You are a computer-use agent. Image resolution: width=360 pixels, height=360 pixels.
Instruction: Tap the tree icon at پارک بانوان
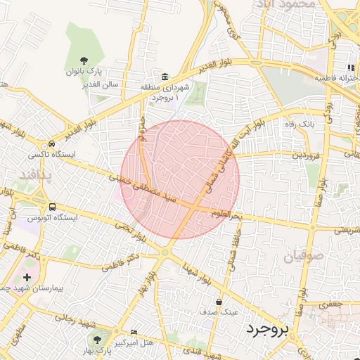[84, 60]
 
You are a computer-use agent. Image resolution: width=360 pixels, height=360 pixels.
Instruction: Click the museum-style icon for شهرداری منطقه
[165, 77]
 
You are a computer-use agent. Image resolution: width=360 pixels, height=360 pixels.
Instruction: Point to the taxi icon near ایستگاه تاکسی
[53, 141]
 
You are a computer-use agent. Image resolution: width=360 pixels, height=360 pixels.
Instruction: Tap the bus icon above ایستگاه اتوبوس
[53, 207]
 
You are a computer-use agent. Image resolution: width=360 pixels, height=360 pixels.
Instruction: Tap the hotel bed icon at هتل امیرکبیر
[134, 332]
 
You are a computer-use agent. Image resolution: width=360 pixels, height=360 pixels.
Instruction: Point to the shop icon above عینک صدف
[219, 302]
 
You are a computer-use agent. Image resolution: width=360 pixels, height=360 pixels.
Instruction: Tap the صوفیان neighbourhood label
[306, 255]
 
